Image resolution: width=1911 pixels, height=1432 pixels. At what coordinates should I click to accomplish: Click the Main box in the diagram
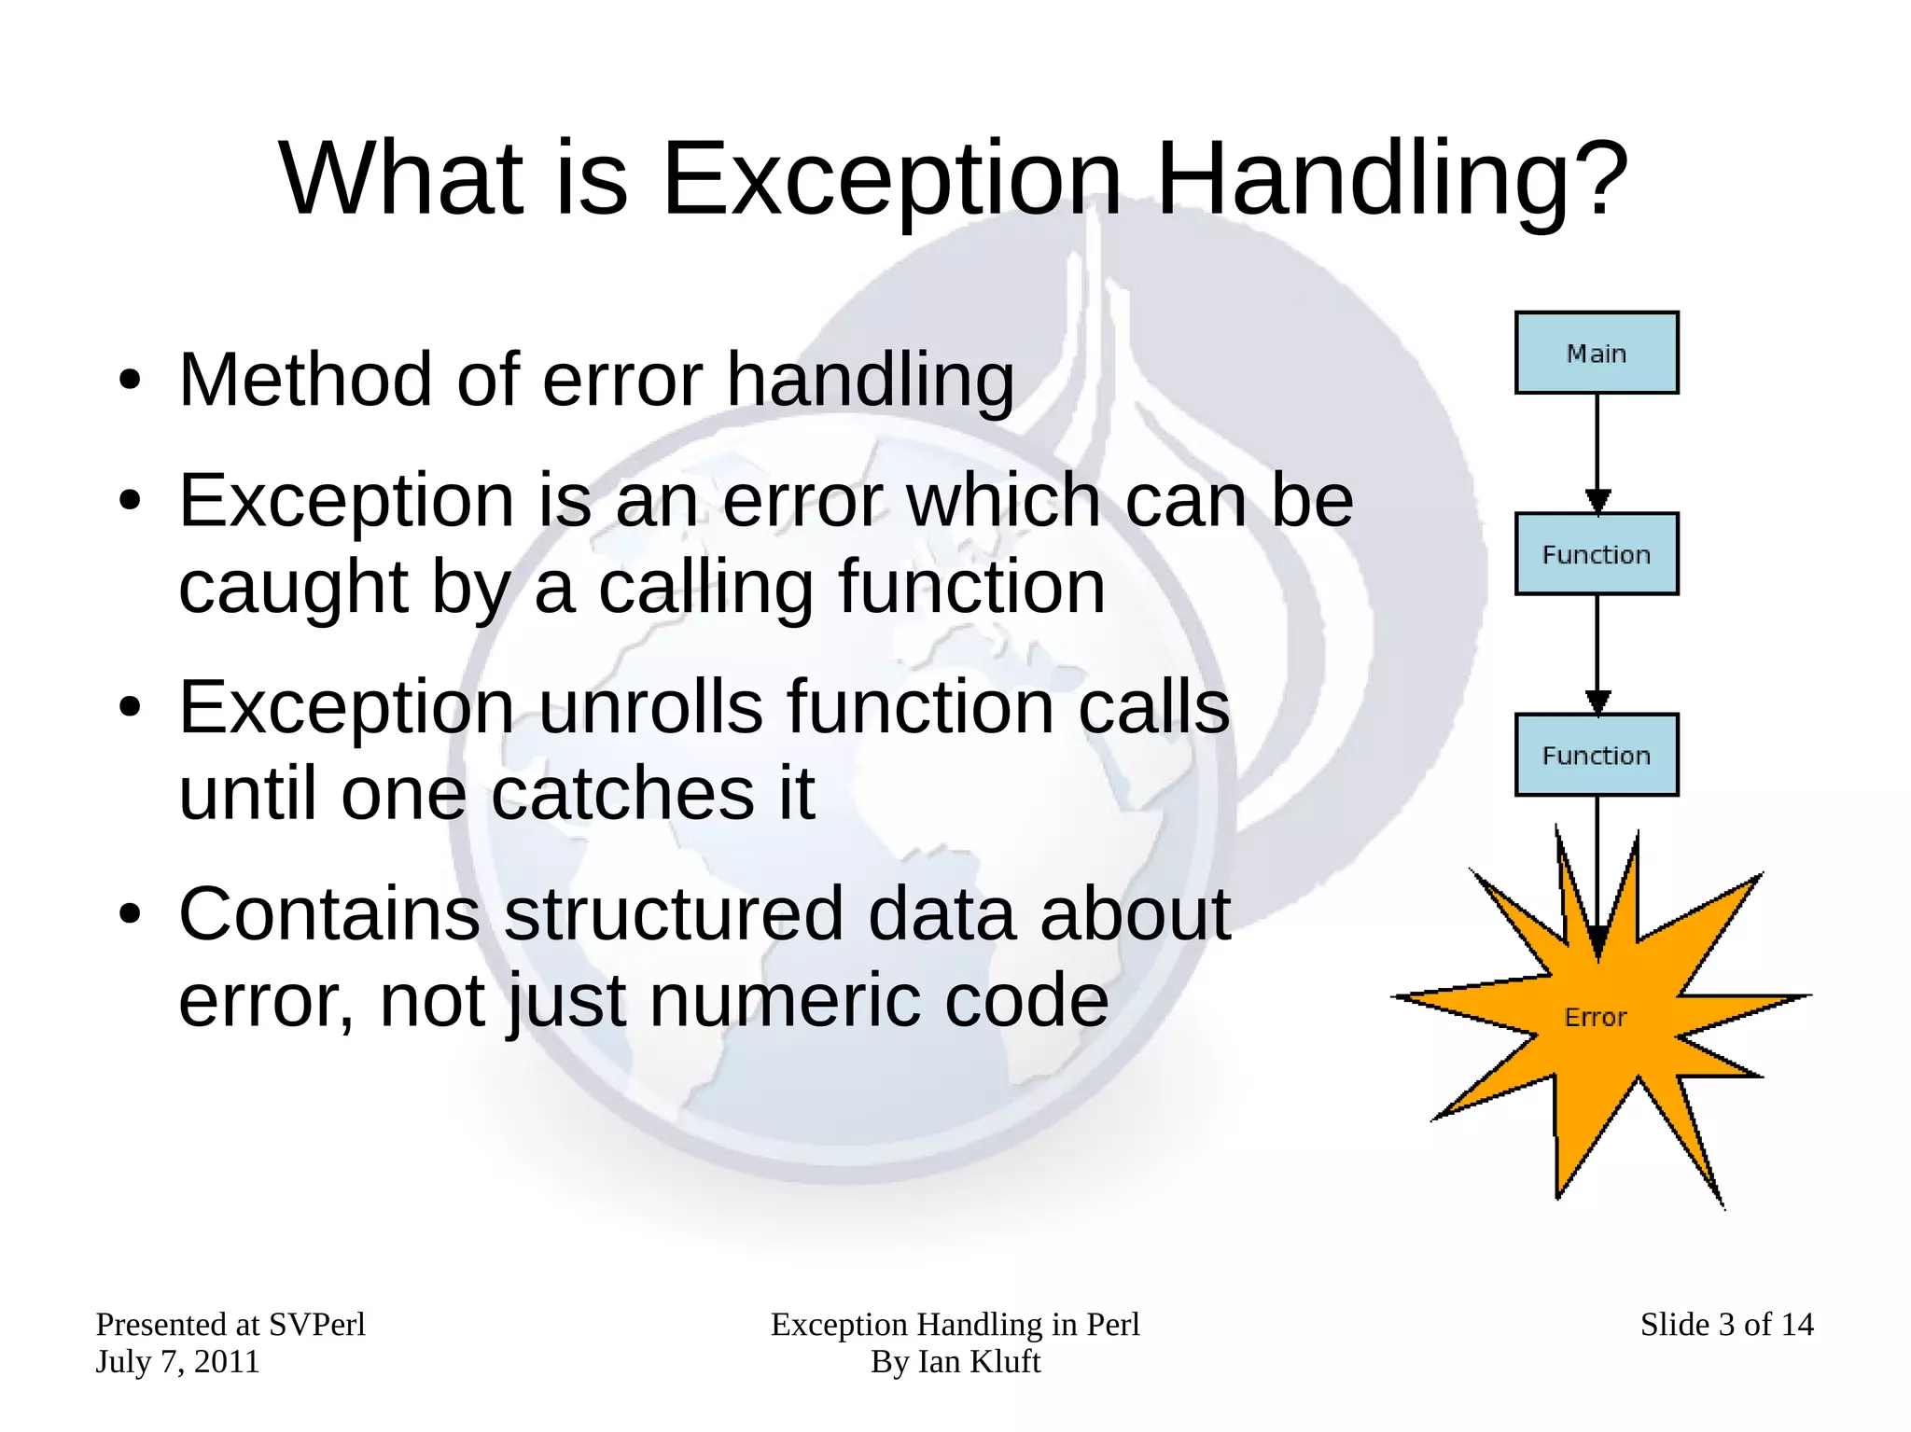coord(1596,353)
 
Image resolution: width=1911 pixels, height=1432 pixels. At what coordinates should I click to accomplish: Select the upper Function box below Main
coord(1596,553)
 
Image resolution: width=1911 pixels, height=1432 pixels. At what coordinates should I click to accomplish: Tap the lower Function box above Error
coord(1596,755)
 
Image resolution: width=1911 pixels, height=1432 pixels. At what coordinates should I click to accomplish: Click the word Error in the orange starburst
coord(1595,1017)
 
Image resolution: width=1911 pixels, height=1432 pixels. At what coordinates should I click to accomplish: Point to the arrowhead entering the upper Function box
coord(1597,501)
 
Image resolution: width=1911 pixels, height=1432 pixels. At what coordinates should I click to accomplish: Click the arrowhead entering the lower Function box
coord(1597,702)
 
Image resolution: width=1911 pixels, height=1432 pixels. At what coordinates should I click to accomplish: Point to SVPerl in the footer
coord(316,1324)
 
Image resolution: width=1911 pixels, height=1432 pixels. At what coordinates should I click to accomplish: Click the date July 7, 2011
coord(177,1362)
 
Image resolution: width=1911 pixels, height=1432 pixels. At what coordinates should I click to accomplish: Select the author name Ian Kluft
coord(979,1362)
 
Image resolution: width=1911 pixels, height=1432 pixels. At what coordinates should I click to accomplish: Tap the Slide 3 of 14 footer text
coord(1726,1324)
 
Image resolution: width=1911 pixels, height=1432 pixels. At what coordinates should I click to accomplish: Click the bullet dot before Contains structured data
coord(130,914)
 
